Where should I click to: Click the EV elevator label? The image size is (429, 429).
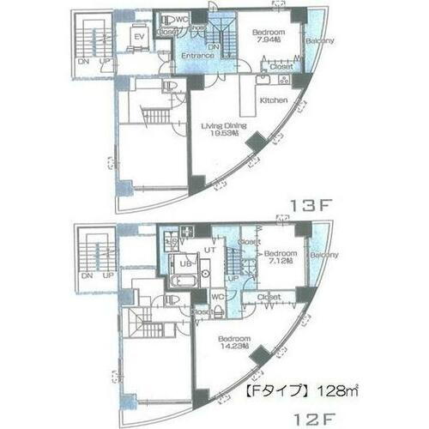tap(137, 37)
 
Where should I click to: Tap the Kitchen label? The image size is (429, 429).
tap(272, 101)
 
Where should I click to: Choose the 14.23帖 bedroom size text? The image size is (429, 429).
tap(233, 348)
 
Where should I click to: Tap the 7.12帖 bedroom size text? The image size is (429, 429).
tap(280, 263)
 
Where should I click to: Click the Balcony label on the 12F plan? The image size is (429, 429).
tap(323, 255)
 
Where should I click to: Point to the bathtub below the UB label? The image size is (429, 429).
tap(184, 280)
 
